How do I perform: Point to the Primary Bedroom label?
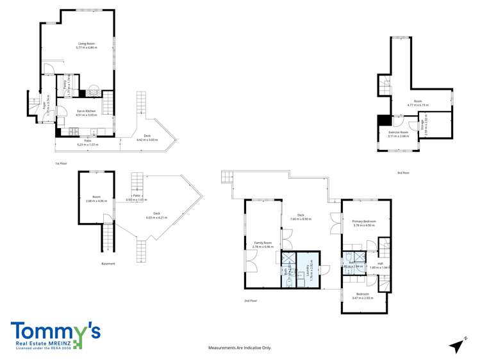(363, 221)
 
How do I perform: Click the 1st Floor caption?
(62, 164)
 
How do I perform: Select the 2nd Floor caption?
(250, 300)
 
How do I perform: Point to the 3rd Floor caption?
(402, 173)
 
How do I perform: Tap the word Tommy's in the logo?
(55, 331)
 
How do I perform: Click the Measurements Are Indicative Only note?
(240, 347)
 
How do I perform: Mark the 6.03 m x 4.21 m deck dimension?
(156, 218)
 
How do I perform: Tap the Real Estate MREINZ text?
(42, 345)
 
